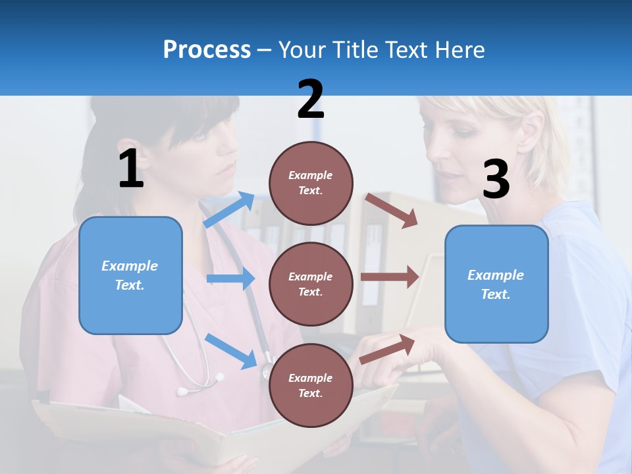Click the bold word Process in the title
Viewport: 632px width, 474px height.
pyautogui.click(x=207, y=50)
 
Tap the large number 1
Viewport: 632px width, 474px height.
pyautogui.click(x=131, y=169)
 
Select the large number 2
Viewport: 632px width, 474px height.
pyautogui.click(x=311, y=99)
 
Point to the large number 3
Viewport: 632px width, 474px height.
pyautogui.click(x=496, y=180)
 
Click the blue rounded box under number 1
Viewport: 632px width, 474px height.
pyautogui.click(x=130, y=275)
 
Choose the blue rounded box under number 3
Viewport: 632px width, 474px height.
pyautogui.click(x=496, y=284)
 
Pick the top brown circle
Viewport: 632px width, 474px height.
pyautogui.click(x=311, y=183)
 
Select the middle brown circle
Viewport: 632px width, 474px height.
pyautogui.click(x=311, y=284)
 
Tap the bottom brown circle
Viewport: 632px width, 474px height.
pyautogui.click(x=311, y=386)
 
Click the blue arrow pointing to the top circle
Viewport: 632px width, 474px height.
pyautogui.click(x=229, y=210)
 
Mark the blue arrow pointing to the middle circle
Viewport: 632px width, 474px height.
pyautogui.click(x=230, y=279)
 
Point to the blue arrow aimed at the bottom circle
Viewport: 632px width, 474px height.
pyautogui.click(x=230, y=350)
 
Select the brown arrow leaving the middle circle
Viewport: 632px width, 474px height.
pyautogui.click(x=390, y=277)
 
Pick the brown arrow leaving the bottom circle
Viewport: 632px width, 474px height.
pyautogui.click(x=388, y=349)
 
